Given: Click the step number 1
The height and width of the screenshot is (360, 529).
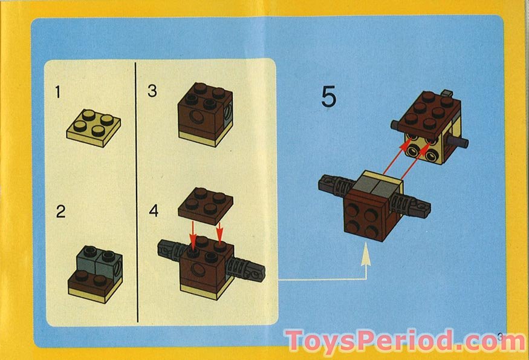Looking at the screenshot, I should pyautogui.click(x=58, y=93).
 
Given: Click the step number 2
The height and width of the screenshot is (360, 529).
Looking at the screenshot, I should pyautogui.click(x=60, y=212).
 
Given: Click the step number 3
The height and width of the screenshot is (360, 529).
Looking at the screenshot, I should pyautogui.click(x=152, y=91).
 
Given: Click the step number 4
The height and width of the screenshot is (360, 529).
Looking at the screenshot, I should pyautogui.click(x=154, y=211).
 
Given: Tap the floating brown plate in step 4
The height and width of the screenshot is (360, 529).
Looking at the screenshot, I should pyautogui.click(x=205, y=205).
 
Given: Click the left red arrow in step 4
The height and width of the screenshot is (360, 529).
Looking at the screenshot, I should pyautogui.click(x=193, y=235).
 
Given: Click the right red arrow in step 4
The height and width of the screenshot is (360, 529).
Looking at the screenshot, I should pyautogui.click(x=219, y=233).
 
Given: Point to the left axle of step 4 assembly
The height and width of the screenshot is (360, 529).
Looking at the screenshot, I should pyautogui.click(x=169, y=249).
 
